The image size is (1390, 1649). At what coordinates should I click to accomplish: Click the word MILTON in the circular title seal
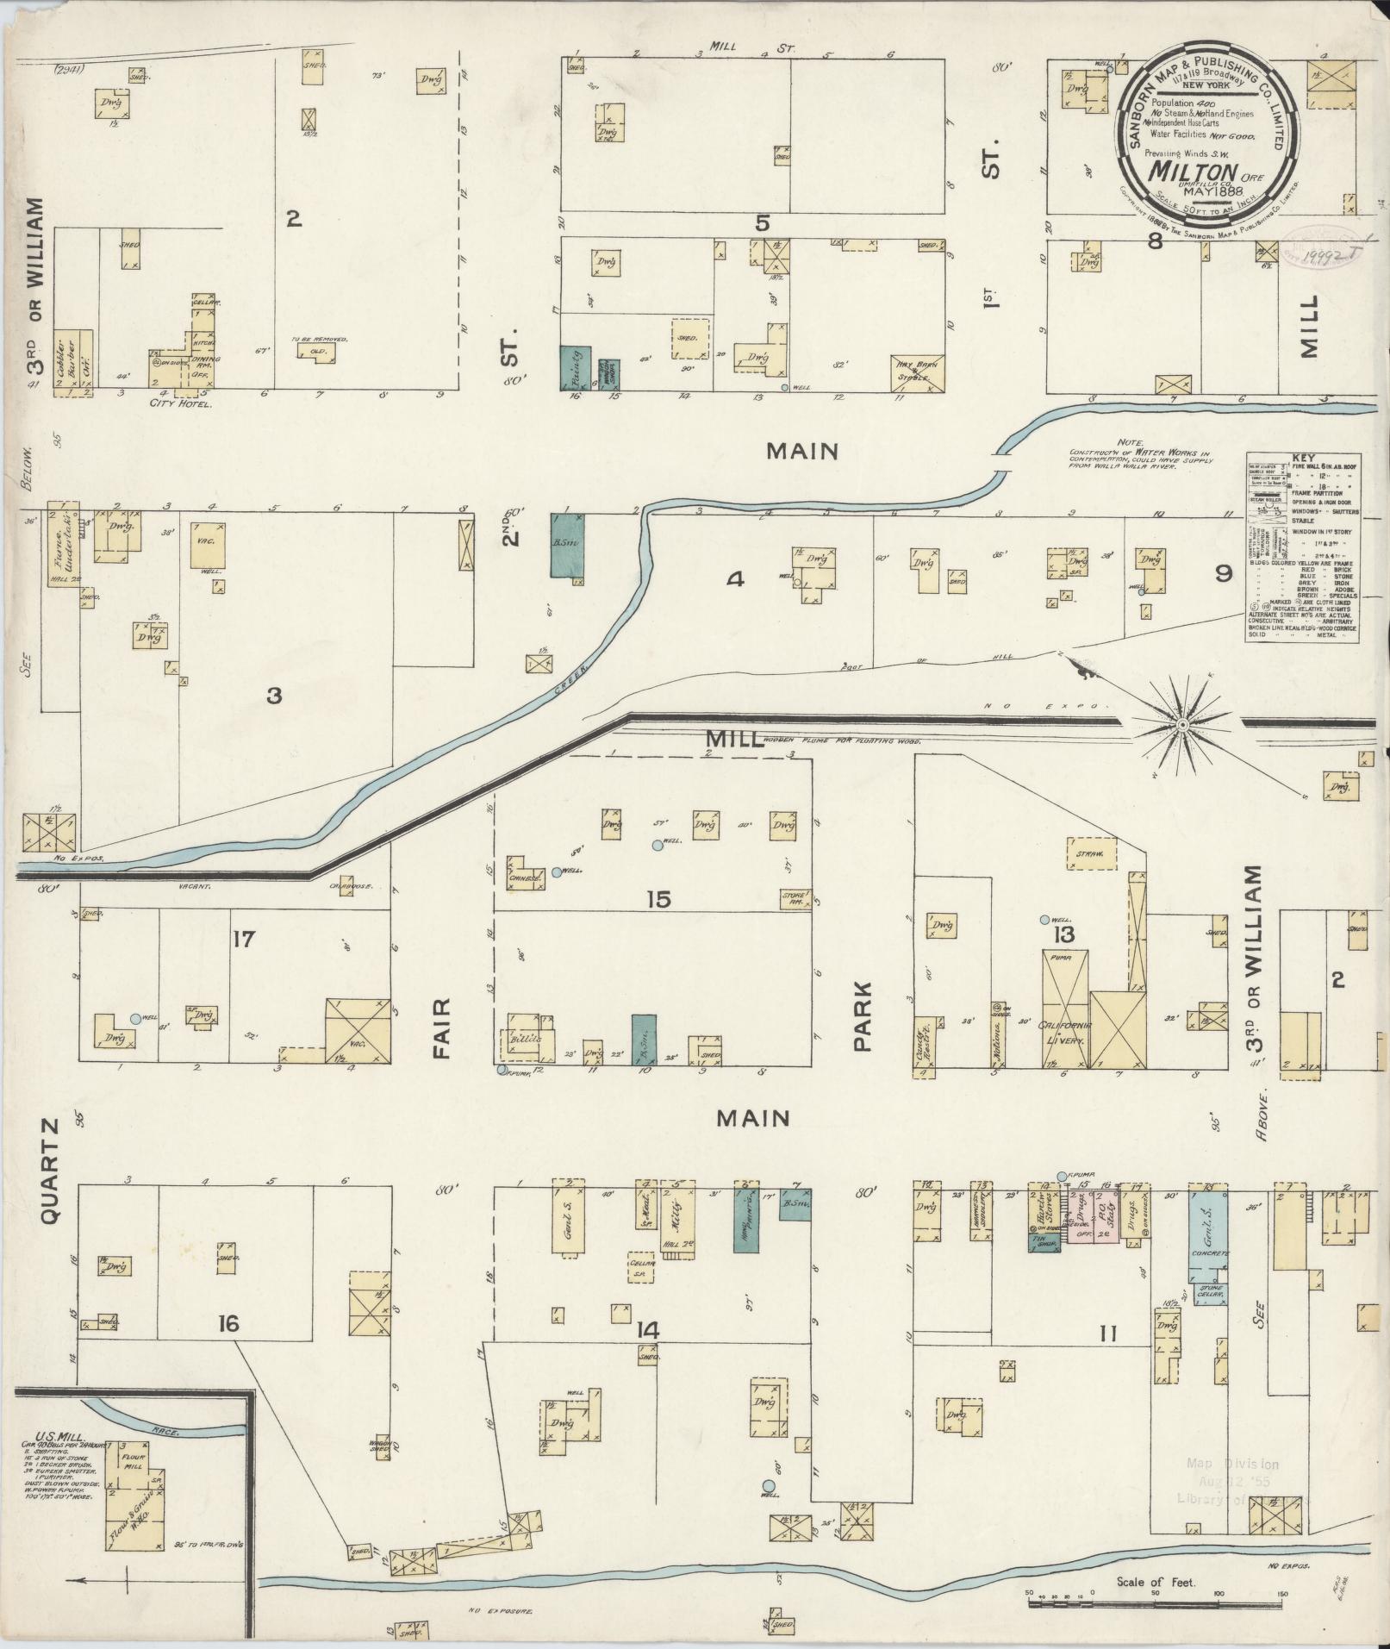click(1193, 172)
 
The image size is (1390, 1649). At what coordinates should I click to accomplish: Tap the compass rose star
click(1183, 725)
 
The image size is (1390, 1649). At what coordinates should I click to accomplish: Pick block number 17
click(244, 938)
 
